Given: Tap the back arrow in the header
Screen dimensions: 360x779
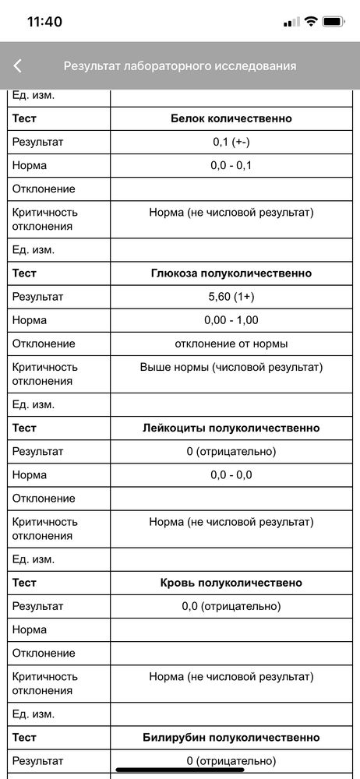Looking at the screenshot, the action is tap(18, 66).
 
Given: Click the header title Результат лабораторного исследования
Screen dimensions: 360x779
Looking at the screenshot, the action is tap(180, 66).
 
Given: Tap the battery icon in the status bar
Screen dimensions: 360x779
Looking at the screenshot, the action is tap(334, 22).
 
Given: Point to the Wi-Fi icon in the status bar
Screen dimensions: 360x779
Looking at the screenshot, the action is tap(312, 22).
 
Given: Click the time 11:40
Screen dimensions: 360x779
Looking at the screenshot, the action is tap(44, 22).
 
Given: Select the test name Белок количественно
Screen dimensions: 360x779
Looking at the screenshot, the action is tap(231, 119).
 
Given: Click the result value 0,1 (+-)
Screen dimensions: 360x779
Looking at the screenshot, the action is tap(231, 143).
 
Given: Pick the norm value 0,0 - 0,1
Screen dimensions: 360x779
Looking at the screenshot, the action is tap(231, 166).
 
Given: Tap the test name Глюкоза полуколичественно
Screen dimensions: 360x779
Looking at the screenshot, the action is tap(231, 273).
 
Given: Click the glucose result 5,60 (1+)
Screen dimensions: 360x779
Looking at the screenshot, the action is tap(231, 297).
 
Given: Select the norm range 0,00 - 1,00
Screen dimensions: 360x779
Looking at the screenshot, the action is tap(231, 320).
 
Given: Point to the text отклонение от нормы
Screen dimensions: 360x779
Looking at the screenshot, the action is tap(231, 344).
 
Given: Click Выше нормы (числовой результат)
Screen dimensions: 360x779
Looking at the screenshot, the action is tap(231, 367).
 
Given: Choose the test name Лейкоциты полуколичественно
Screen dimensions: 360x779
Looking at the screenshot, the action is tap(231, 428).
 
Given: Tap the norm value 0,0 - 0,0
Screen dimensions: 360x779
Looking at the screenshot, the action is tap(231, 474).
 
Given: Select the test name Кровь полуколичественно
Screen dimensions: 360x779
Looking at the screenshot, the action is tap(231, 583).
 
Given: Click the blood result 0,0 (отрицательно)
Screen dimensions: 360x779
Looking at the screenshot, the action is tap(231, 606).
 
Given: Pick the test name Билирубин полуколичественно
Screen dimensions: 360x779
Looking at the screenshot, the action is tap(231, 737).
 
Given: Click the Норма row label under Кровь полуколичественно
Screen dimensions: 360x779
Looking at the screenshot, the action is tap(30, 629).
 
